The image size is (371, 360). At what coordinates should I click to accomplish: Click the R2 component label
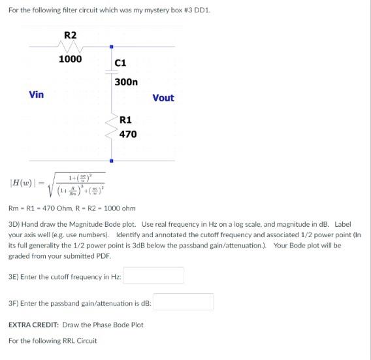[x=70, y=35]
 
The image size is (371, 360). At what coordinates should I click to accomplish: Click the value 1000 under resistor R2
[x=70, y=59]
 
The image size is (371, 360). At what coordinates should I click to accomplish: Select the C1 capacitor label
[x=120, y=63]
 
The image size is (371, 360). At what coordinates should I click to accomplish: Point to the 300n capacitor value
[x=125, y=82]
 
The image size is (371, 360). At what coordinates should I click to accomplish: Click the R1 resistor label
[x=126, y=120]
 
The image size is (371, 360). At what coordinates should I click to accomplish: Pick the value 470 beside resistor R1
[x=127, y=134]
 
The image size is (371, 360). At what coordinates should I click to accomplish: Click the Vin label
[x=37, y=95]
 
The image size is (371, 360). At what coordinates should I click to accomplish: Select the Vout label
[x=163, y=98]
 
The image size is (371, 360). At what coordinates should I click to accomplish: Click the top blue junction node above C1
[x=111, y=46]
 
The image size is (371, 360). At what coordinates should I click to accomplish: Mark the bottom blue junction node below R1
[x=111, y=160]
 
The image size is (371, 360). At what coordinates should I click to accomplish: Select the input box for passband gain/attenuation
[x=184, y=303]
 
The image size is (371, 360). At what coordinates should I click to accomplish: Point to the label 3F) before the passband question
[x=13, y=303]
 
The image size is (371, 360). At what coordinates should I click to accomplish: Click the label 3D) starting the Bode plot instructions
[x=14, y=224]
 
